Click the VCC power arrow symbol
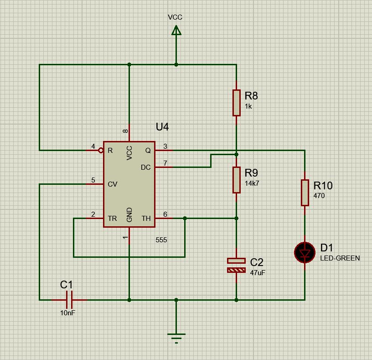tap(176, 31)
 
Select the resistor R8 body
tap(236, 103)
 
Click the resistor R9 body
tap(236, 180)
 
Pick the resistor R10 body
tap(305, 193)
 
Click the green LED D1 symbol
tap(305, 253)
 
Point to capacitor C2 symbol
tap(236, 265)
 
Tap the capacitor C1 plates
tap(69, 300)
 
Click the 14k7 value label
tap(252, 183)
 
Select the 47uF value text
tap(258, 272)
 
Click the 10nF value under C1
tap(67, 313)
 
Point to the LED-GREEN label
tap(340, 258)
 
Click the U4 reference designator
tap(162, 127)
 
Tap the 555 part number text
tap(161, 240)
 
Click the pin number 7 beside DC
tap(165, 163)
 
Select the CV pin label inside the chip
tap(113, 184)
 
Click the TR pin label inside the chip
tap(112, 218)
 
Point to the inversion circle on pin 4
tap(101, 150)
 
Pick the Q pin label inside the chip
tap(148, 151)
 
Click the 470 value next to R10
tap(319, 196)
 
